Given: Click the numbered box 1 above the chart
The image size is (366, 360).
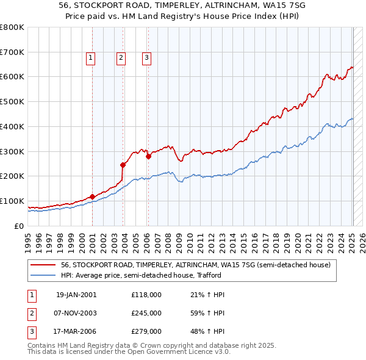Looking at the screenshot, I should [90, 58].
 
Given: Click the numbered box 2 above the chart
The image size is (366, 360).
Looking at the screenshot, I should [121, 58].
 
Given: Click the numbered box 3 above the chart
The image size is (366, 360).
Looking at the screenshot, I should [147, 58].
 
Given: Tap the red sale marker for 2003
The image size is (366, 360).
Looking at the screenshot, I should [123, 164].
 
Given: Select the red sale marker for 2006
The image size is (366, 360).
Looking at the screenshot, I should [148, 156].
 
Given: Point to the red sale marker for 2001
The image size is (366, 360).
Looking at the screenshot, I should [92, 196].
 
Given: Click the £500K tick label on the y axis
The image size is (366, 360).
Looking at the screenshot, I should [12, 101].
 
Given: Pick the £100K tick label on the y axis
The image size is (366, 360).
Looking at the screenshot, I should [12, 201].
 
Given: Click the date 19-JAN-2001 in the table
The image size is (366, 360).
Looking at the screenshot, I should [76, 295].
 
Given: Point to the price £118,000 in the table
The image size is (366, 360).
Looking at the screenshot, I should [146, 295].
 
